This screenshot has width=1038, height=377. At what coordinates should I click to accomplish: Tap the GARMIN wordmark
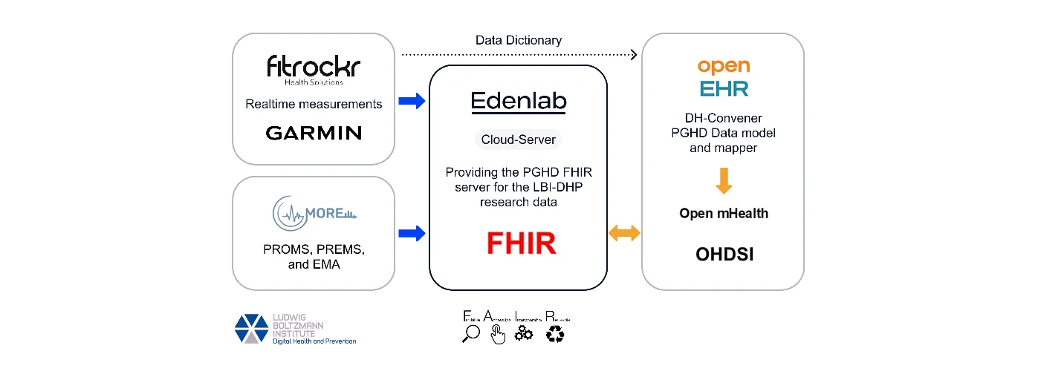[x=314, y=134]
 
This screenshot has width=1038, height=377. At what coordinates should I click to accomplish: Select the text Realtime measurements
[x=314, y=104]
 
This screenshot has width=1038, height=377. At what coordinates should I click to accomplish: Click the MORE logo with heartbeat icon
[x=314, y=213]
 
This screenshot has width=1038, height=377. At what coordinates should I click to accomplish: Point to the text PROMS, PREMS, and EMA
[x=314, y=256]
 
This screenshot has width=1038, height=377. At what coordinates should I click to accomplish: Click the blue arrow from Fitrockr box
[x=412, y=101]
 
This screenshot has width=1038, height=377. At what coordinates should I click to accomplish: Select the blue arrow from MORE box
[x=412, y=234]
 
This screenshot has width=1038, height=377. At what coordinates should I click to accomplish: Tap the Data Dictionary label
[x=519, y=40]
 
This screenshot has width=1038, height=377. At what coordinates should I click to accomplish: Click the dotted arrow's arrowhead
[x=633, y=54]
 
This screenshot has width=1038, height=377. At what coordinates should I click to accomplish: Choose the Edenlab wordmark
[x=519, y=102]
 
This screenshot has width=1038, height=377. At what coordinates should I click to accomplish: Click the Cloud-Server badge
[x=519, y=139]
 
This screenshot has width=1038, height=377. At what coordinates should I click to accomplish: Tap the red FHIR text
[x=522, y=243]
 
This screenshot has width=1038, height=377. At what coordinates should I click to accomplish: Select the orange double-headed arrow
[x=624, y=234]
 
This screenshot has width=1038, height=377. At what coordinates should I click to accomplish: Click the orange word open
[x=723, y=67]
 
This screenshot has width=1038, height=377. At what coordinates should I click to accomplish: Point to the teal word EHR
[x=723, y=89]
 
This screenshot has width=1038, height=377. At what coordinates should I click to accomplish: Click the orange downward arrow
[x=723, y=180]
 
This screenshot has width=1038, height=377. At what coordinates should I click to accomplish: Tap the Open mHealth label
[x=723, y=214]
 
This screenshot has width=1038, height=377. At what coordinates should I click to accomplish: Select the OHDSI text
[x=723, y=255]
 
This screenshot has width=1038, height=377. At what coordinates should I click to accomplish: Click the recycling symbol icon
[x=555, y=335]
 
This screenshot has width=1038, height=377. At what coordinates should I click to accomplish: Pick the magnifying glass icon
[x=470, y=334]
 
